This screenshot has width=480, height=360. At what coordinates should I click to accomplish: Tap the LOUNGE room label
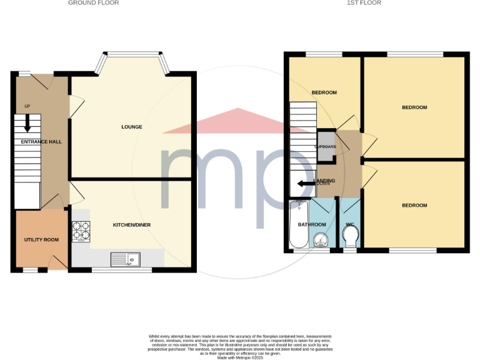(132, 127)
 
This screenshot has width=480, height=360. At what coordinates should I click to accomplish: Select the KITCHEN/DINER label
(132, 225)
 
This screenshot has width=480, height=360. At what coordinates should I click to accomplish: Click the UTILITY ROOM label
(41, 240)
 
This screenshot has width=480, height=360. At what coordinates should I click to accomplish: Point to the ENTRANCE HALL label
(41, 142)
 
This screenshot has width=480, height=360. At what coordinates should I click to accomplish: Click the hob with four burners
(81, 231)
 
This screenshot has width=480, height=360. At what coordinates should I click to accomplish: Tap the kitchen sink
(126, 258)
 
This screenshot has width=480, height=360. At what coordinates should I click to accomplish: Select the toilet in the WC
(351, 236)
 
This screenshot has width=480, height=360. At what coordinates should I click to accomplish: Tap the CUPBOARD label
(326, 147)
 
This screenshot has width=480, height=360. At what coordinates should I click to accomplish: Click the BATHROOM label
(312, 224)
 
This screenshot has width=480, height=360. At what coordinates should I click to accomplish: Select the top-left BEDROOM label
(324, 92)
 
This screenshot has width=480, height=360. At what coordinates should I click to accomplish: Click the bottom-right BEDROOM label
(414, 206)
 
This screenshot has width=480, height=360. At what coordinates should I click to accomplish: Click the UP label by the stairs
(27, 106)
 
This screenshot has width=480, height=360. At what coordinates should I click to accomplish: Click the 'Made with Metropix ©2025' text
(240, 357)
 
